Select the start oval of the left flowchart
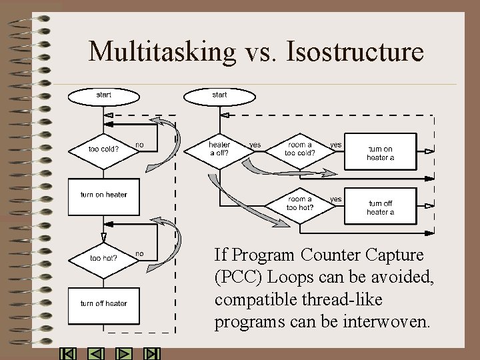click(x=103, y=95)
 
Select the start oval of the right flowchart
click(x=219, y=95)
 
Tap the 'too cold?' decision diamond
click(x=103, y=149)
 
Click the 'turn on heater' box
click(x=103, y=195)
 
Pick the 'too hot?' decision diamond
click(x=103, y=257)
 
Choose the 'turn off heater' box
click(x=103, y=304)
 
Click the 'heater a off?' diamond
click(x=219, y=149)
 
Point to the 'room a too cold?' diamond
click(x=300, y=149)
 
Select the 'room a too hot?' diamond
click(x=300, y=203)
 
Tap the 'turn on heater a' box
click(x=380, y=153)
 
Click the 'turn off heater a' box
click(x=380, y=207)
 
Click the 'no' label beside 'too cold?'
click(x=139, y=144)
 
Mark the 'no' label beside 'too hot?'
click(x=139, y=253)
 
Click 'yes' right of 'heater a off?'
click(x=255, y=144)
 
